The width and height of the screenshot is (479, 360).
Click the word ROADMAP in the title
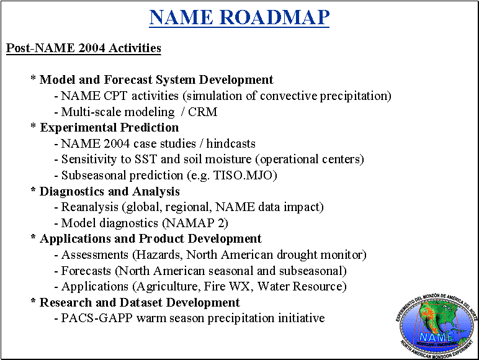point(274,17)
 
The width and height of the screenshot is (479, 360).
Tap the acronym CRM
point(202,112)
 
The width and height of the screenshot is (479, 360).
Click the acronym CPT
point(115,96)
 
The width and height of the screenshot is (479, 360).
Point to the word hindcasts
point(231,143)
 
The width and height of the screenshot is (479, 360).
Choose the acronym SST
point(146,160)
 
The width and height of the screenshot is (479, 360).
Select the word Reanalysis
point(90,207)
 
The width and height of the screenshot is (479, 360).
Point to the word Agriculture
point(168,287)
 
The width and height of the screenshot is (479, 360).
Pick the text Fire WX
point(228,286)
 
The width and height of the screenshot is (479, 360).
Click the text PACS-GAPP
point(97,318)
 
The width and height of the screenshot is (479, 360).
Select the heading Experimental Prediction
point(109,127)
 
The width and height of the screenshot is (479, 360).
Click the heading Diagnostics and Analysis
point(110,191)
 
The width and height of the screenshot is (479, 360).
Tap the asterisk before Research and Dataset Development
point(34,300)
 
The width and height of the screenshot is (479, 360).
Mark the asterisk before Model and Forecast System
point(34,78)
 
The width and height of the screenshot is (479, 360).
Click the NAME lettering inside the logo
point(436,337)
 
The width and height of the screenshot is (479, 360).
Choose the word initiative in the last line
point(301,318)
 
